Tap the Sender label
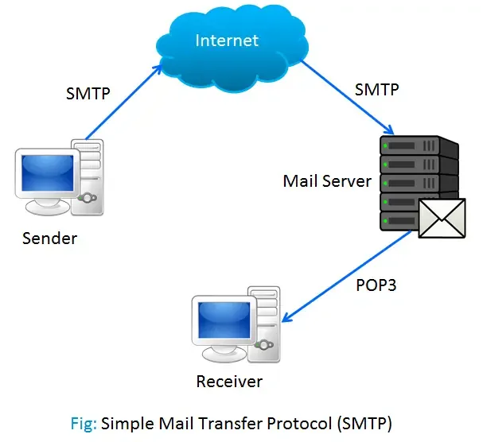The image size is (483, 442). pos(50,237)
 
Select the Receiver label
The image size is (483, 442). pos(229,381)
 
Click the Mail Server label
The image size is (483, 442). pos(327,180)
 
